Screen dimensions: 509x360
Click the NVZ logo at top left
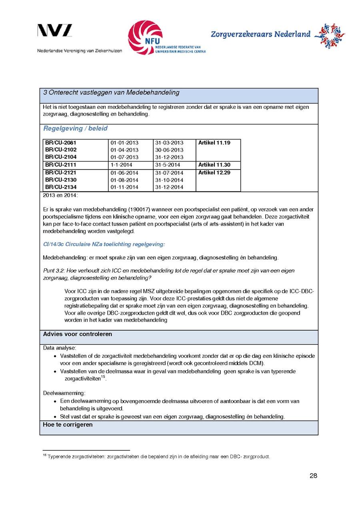click(x=55, y=31)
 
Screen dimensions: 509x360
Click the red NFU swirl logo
click(x=145, y=37)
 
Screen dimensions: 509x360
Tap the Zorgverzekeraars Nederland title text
click(x=260, y=34)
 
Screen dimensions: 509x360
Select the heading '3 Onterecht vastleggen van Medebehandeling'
click(x=111, y=93)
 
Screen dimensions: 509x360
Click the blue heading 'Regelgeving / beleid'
click(x=75, y=129)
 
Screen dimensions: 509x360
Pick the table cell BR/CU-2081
click(x=61, y=143)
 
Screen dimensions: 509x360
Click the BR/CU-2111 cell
click(x=61, y=165)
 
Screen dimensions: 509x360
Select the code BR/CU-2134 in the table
click(x=61, y=187)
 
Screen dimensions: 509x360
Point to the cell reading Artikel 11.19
click(x=214, y=143)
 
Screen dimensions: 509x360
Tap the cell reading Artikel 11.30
click(x=214, y=165)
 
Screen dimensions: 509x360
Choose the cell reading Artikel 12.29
click(x=214, y=173)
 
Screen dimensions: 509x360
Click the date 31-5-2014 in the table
click(x=168, y=165)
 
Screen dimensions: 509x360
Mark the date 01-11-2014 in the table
click(x=124, y=187)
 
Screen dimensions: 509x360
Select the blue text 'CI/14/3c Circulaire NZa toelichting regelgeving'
click(x=104, y=244)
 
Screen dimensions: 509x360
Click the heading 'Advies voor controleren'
click(x=78, y=334)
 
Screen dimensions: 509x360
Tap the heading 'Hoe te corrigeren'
click(x=68, y=425)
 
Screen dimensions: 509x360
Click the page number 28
click(x=313, y=476)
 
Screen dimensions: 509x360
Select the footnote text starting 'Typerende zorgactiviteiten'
click(x=158, y=457)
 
